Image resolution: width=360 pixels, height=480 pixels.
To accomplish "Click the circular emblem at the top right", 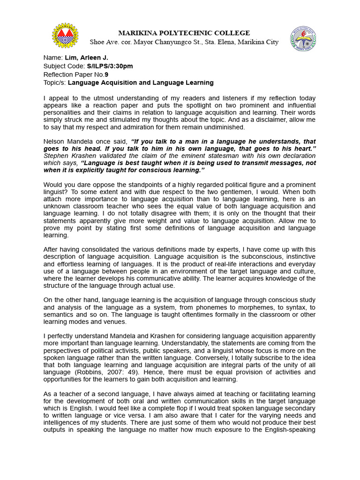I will tap(303, 38).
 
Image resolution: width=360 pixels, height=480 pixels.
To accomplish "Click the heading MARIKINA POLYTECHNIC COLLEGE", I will tap(184, 33).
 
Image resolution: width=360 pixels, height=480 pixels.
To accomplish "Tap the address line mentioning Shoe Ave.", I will tap(184, 42).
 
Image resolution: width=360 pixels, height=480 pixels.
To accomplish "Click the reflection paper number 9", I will tap(106, 75).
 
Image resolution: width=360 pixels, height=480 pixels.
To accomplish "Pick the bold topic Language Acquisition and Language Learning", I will tap(141, 83).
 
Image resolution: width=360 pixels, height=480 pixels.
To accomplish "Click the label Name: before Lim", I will tap(53, 58).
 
